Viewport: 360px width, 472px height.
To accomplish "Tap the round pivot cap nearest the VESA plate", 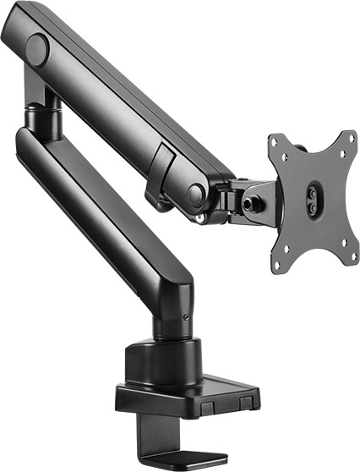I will pos(197,195).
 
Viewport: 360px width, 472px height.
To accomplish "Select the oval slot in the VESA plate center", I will pos(312,201).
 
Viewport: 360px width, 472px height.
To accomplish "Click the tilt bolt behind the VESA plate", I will pos(249,204).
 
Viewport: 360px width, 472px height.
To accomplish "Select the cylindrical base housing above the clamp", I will pos(166,359).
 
